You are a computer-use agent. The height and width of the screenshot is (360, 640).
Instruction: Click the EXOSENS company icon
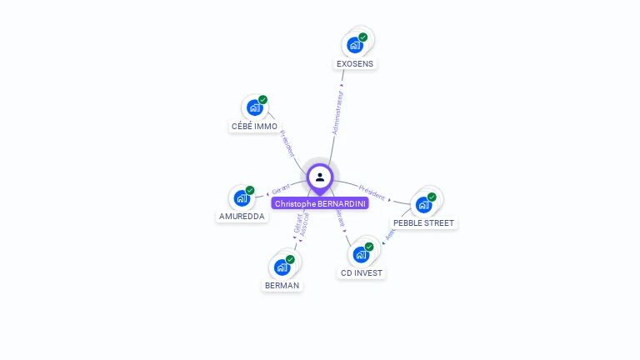pyautogui.click(x=356, y=44)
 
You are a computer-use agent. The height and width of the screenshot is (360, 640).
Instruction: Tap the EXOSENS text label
pyautogui.click(x=356, y=63)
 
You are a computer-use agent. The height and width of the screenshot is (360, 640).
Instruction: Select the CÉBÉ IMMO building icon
pyautogui.click(x=255, y=107)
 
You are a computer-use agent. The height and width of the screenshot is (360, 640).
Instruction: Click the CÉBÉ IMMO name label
pyautogui.click(x=254, y=127)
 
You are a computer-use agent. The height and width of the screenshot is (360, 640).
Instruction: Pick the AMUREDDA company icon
pyautogui.click(x=242, y=197)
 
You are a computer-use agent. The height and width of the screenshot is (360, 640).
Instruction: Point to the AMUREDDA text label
pyautogui.click(x=242, y=217)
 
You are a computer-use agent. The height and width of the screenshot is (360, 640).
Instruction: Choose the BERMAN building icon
pyautogui.click(x=282, y=267)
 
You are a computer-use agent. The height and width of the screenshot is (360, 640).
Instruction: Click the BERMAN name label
pyautogui.click(x=282, y=285)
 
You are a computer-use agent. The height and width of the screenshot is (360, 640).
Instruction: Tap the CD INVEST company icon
pyautogui.click(x=362, y=254)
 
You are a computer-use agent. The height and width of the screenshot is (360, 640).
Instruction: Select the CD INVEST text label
pyautogui.click(x=362, y=272)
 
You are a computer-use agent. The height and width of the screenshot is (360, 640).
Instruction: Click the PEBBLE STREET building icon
pyautogui.click(x=424, y=204)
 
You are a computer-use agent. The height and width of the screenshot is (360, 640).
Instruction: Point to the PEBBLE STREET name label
pyautogui.click(x=424, y=223)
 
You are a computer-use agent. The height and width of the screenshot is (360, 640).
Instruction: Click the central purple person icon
pyautogui.click(x=320, y=177)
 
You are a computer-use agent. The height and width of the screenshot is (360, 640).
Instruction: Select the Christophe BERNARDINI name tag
pyautogui.click(x=321, y=203)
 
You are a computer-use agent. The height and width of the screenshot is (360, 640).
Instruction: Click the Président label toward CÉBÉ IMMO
pyautogui.click(x=287, y=143)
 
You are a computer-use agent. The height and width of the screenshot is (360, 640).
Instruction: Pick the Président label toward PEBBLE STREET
pyautogui.click(x=372, y=191)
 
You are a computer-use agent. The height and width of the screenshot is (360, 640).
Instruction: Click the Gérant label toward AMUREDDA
pyautogui.click(x=281, y=189)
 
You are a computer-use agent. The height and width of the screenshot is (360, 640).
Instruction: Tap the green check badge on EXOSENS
pyautogui.click(x=363, y=37)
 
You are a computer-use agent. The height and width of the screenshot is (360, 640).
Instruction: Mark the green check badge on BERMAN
pyautogui.click(x=290, y=259)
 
